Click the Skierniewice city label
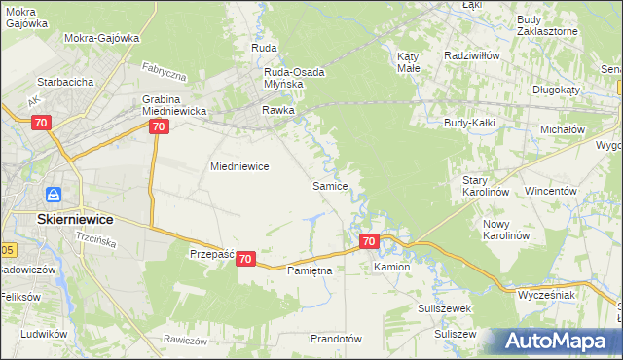click(x=79, y=220)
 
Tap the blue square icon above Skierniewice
click(x=55, y=197)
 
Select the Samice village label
click(x=330, y=185)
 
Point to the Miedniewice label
click(x=239, y=166)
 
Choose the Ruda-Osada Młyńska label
click(x=294, y=78)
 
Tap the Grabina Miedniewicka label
click(x=174, y=105)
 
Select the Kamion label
click(x=391, y=266)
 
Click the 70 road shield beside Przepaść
click(x=246, y=259)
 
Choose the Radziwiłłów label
click(x=471, y=56)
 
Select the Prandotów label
click(x=335, y=339)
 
